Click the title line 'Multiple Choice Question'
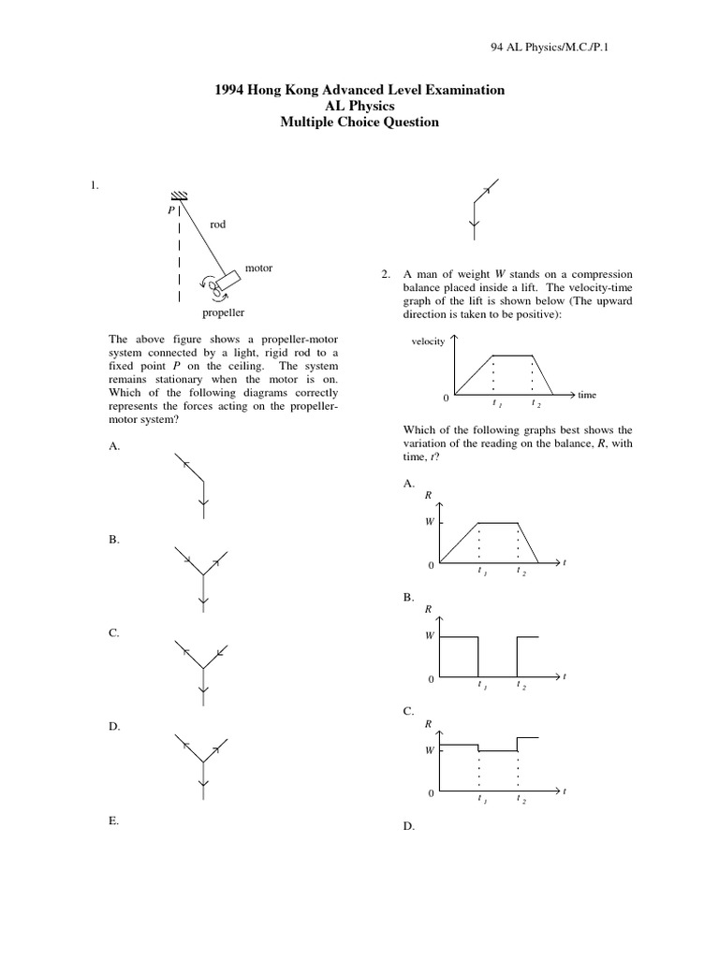[360, 123]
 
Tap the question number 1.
[94, 186]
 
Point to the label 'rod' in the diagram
[217, 225]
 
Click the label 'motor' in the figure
[258, 269]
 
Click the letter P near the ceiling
[169, 210]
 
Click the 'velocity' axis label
[428, 342]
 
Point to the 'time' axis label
[587, 395]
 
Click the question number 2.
[385, 274]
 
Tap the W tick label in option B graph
[430, 635]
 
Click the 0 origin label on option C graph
[432, 793]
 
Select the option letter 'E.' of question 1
[113, 820]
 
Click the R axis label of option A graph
[429, 494]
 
